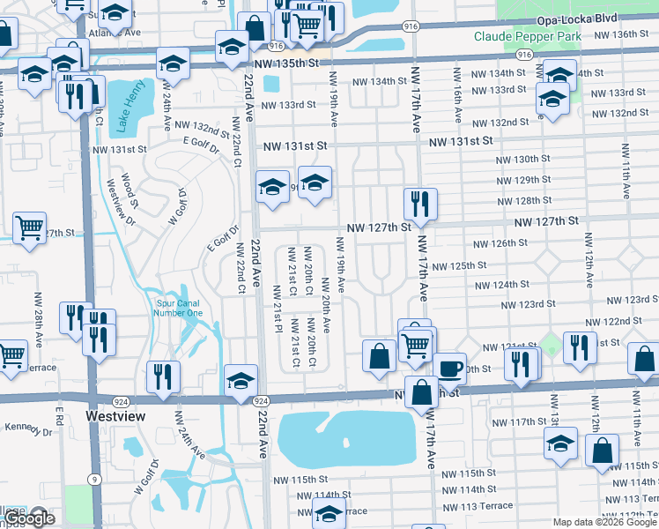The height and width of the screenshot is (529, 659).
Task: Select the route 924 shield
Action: pyautogui.click(x=261, y=400)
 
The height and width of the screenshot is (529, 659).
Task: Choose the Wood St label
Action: pyautogui.click(x=130, y=190)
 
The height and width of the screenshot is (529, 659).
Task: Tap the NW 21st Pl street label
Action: pyautogui.click(x=277, y=303)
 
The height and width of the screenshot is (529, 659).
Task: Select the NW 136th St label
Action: pyautogui.click(x=621, y=34)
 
